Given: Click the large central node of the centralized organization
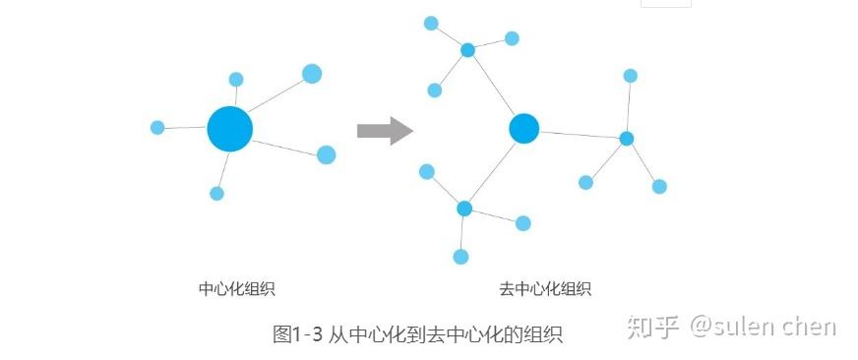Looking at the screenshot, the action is [230, 129].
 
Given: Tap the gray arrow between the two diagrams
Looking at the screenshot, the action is [384, 130].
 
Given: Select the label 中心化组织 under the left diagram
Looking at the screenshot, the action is [236, 289].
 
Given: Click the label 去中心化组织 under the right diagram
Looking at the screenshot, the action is [545, 289].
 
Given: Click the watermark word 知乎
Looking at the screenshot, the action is [653, 327].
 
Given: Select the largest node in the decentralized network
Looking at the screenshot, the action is [524, 128].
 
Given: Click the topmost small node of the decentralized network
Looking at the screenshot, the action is [431, 23].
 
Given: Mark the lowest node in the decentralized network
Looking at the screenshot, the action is [460, 257].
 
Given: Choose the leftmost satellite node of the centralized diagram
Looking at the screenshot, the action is [157, 128].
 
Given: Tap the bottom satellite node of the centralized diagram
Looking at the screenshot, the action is [216, 194].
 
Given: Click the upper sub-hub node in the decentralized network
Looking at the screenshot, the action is [468, 50].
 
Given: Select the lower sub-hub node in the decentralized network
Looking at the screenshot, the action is [464, 209].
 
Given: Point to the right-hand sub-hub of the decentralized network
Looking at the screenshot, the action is [627, 139].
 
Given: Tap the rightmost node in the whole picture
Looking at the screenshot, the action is [659, 186].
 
